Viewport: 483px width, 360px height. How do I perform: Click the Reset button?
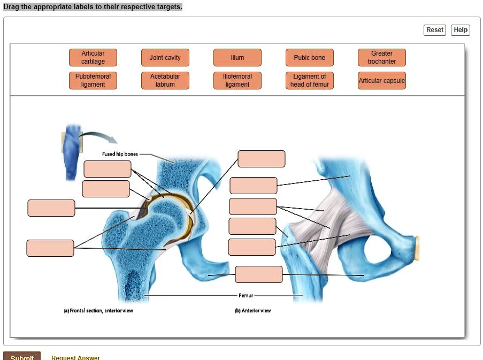[434, 30]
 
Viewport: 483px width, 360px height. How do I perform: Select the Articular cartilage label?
[93, 58]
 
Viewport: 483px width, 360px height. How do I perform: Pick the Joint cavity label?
[165, 58]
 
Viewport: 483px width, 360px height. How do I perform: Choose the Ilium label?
[237, 58]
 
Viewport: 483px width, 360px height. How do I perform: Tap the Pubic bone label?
[310, 58]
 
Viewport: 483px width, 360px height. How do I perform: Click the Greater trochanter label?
[382, 58]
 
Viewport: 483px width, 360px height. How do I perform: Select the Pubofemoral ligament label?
[93, 81]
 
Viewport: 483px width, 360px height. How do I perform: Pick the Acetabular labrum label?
[165, 81]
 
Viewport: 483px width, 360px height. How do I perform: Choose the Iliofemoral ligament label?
[237, 81]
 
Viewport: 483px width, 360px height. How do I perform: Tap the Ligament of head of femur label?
[310, 81]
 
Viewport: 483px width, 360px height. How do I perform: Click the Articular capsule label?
[382, 81]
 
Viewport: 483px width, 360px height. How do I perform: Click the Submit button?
[22, 357]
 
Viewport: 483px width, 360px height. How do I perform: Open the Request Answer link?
[75, 357]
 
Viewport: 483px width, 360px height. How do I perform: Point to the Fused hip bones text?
[120, 154]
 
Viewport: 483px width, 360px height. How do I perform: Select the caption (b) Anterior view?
[253, 311]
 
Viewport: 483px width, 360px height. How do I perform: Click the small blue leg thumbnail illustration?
[72, 152]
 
